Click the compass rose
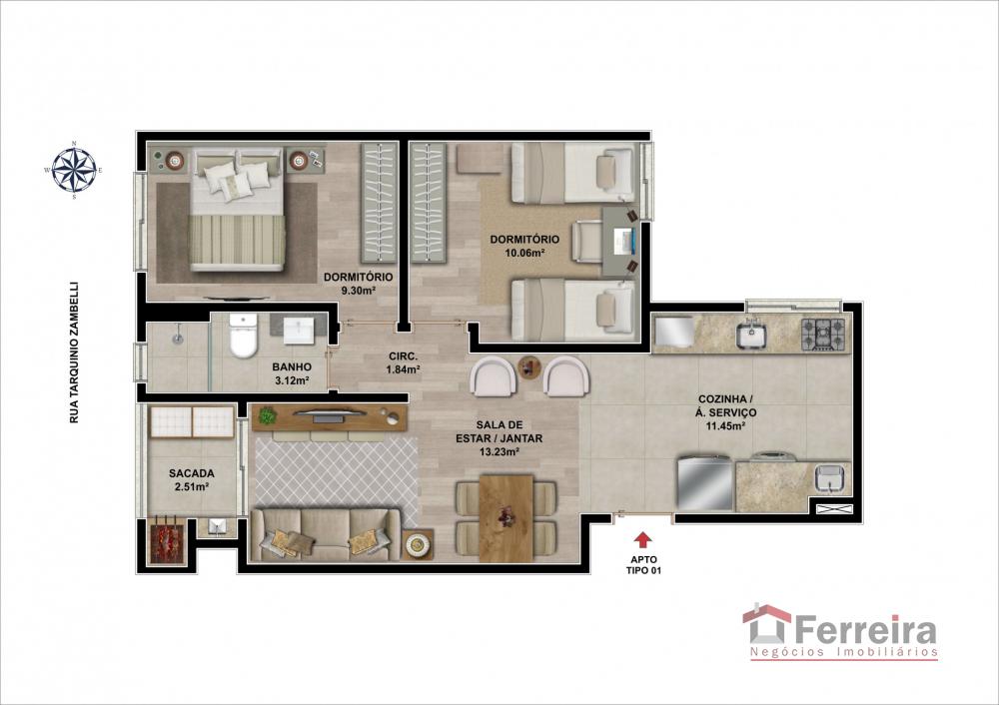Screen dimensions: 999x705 point(75,170)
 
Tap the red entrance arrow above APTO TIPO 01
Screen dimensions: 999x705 point(642,540)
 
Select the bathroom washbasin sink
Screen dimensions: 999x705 point(298,330)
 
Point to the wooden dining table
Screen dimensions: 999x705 point(505,517)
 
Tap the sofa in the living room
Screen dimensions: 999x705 point(326,534)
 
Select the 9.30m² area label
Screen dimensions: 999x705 point(358,291)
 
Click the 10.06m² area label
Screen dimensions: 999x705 point(524,253)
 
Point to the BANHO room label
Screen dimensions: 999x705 point(292,366)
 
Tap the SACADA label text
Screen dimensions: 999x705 point(191,473)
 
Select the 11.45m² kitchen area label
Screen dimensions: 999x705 point(725,426)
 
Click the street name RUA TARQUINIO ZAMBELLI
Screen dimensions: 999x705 point(74,352)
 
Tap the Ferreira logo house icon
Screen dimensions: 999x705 point(766,623)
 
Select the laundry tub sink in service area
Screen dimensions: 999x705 point(830,477)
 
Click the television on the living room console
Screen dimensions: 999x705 point(329,414)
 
